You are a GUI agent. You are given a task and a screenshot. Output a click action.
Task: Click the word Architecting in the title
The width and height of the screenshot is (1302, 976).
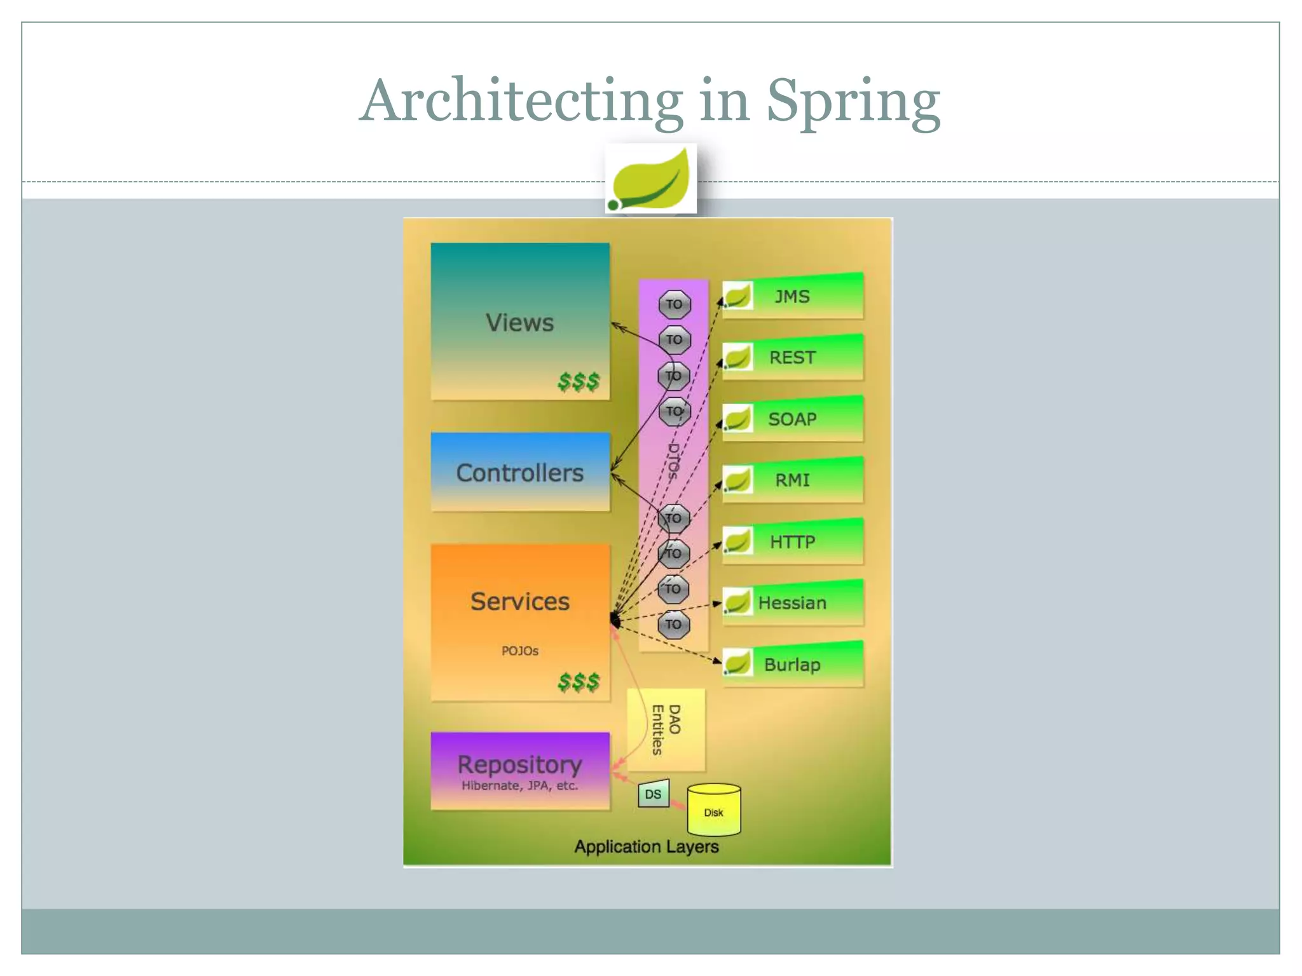(x=521, y=102)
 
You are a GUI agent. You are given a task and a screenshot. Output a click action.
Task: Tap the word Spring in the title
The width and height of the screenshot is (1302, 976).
(x=853, y=102)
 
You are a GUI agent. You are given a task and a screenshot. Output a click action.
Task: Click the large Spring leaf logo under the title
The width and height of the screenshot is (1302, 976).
(x=650, y=179)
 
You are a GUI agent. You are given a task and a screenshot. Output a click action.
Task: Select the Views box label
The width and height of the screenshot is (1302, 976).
(x=519, y=323)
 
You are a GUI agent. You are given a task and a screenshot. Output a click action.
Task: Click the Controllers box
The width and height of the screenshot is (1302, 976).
(x=519, y=472)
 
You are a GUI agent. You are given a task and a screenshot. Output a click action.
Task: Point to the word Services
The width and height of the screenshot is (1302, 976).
(x=519, y=601)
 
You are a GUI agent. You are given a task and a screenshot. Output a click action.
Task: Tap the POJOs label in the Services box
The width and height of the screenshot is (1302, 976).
(x=519, y=651)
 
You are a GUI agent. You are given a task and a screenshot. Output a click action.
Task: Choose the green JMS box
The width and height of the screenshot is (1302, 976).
(x=792, y=297)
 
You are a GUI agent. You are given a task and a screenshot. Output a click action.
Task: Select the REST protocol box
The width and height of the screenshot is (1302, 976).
(x=792, y=358)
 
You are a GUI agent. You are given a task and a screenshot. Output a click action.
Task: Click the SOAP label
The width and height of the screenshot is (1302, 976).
(x=792, y=419)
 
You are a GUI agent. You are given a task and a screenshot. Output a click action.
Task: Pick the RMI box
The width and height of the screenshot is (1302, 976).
(x=792, y=480)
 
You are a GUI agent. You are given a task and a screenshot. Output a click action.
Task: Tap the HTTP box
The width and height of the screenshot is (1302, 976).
(x=792, y=542)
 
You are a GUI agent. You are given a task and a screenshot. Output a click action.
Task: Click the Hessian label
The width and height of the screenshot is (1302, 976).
(x=792, y=603)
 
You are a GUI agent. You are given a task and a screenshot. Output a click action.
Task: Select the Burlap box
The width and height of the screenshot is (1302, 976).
(x=792, y=665)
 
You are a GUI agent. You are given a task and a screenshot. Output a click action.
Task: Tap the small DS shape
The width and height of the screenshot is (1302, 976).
(x=653, y=794)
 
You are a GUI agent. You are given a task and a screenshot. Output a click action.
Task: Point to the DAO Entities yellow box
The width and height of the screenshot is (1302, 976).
(x=666, y=729)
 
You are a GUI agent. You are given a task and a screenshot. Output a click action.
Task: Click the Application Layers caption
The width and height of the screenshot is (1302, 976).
(x=646, y=846)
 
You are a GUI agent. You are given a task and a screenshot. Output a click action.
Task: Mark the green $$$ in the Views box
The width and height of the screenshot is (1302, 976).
(x=578, y=381)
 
